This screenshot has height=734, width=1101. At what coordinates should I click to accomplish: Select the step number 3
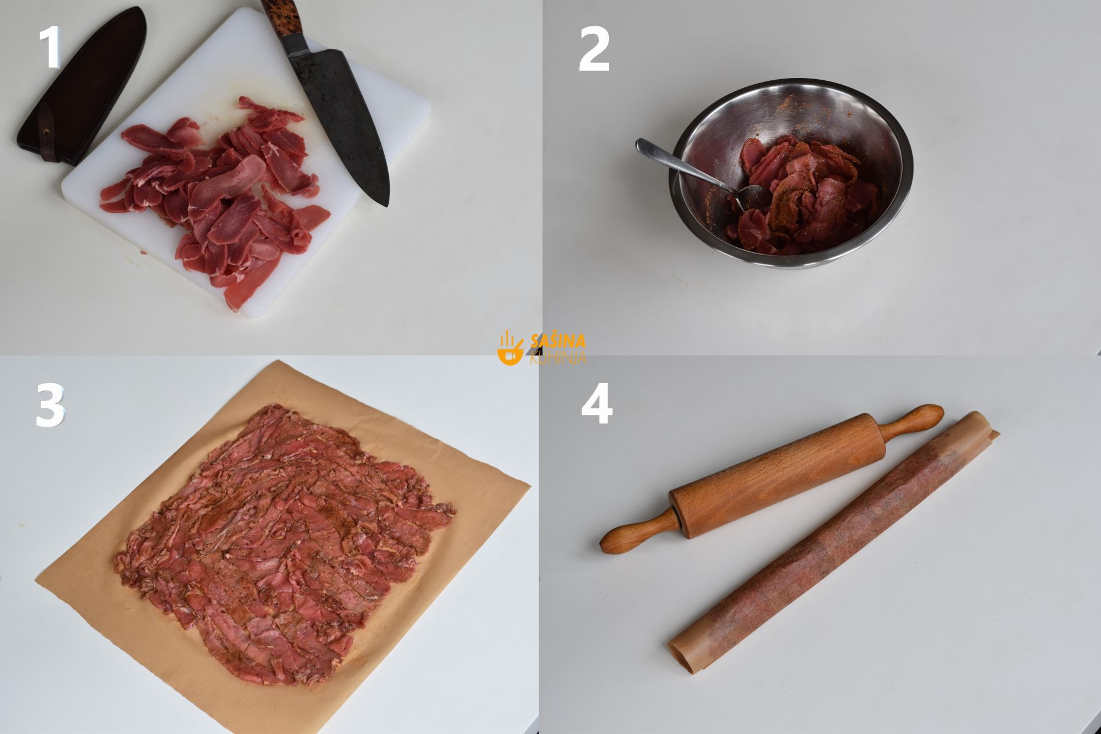point(50,405)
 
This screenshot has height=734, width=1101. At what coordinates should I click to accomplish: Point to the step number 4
point(596,405)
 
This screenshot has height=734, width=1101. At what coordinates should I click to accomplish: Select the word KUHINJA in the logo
point(558,357)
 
